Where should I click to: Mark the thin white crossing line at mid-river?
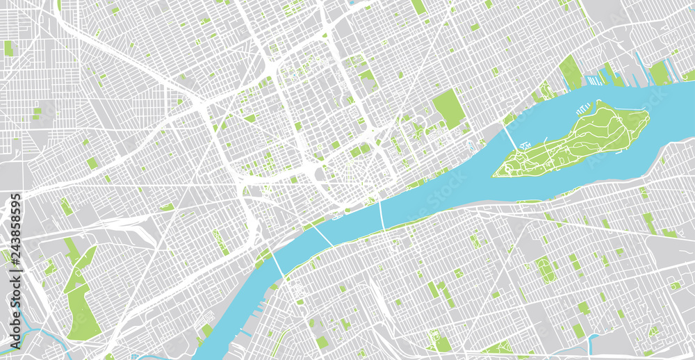382,215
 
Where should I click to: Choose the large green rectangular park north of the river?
448,108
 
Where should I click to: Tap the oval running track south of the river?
546,269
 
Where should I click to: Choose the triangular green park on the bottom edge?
498,347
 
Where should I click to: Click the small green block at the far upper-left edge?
8,48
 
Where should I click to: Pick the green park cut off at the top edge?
418,6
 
